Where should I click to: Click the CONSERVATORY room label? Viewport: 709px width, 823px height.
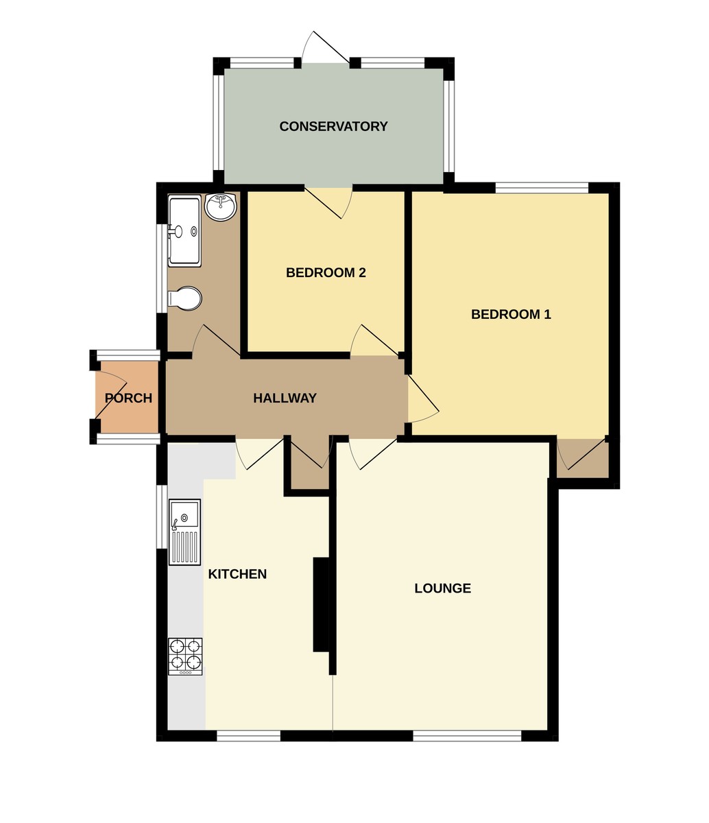coord(333,126)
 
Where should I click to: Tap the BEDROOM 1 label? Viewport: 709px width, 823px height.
coord(511,314)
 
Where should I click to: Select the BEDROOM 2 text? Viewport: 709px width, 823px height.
coord(326,272)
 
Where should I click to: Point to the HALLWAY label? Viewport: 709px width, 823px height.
coord(285,398)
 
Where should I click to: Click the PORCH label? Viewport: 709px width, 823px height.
coord(128,398)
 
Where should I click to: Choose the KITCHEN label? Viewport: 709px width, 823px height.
coord(237,574)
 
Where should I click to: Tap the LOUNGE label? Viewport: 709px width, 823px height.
coord(442,588)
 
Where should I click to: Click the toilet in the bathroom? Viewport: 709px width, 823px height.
coord(185,298)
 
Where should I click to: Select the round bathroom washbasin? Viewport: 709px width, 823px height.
coord(221,207)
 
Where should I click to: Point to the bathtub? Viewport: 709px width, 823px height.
coord(184,231)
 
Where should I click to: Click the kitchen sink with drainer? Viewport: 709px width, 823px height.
coord(184,532)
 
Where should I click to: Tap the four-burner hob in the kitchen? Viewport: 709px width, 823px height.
coord(185,656)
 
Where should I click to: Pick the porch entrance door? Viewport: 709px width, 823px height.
coord(110,394)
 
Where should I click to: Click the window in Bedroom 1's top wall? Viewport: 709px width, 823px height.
coord(542,187)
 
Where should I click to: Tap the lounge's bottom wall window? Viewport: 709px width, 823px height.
coord(467,736)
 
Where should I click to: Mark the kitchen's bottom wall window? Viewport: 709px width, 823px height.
coord(248,736)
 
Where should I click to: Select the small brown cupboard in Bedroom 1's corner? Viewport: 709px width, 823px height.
coord(582,457)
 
